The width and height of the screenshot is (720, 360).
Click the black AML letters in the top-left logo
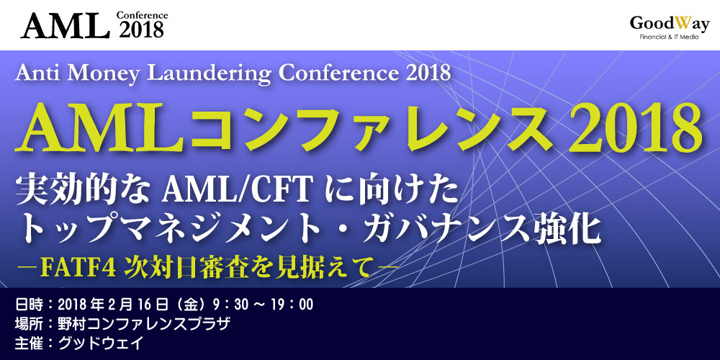coord(66,25)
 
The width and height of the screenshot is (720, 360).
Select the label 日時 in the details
coord(29,304)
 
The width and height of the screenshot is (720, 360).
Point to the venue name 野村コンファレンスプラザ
coord(144,323)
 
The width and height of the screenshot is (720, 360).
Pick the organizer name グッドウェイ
coord(101,343)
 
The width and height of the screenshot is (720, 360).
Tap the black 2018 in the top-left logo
coord(142,30)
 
